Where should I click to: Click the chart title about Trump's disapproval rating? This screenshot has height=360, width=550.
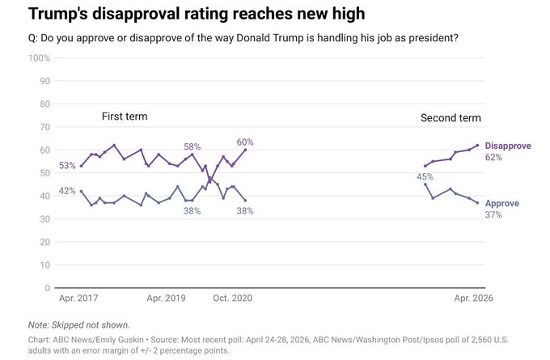tap(197, 14)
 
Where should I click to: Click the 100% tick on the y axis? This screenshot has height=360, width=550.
tap(40, 58)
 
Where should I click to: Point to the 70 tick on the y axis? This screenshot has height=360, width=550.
tap(45, 127)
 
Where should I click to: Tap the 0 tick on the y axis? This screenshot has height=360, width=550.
tap(48, 288)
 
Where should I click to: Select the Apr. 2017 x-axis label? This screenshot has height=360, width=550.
tap(78, 299)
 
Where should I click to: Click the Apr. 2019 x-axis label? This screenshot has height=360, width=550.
tap(166, 299)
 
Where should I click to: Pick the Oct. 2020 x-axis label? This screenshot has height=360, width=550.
tap(233, 299)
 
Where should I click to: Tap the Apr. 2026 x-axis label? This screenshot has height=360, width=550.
tap(473, 299)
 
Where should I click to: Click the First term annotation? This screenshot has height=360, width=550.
tap(125, 116)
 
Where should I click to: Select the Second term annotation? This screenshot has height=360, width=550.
tap(451, 118)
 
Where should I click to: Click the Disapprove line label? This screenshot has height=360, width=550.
tap(508, 146)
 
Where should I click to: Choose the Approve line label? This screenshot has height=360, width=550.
tap(502, 204)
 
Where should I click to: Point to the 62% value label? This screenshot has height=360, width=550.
tap(493, 157)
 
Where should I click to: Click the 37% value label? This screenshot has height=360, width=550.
tap(493, 214)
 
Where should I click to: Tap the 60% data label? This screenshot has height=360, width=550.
tap(245, 142)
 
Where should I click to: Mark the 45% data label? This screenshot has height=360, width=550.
tap(425, 177)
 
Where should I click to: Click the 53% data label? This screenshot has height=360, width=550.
tap(67, 166)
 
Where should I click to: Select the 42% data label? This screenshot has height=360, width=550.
tap(67, 191)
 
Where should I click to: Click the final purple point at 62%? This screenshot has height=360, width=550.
tap(477, 146)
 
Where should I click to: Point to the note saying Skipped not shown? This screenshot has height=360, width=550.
tap(79, 325)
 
